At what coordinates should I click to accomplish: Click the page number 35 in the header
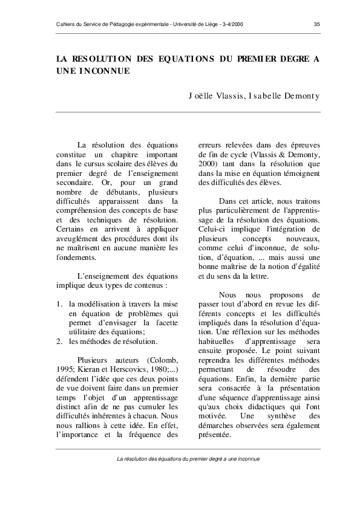pos(317,24)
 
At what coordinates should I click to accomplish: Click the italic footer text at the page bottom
pos(188,459)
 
